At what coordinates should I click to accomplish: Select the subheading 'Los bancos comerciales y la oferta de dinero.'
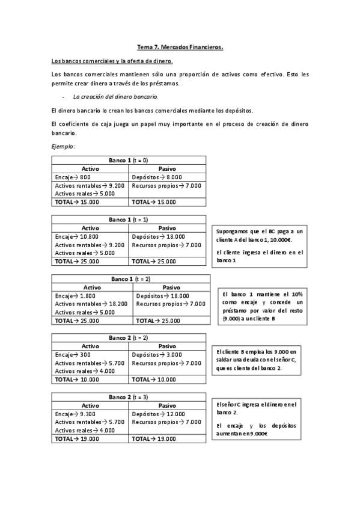pos(112,61)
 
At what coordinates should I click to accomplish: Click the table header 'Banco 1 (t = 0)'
pos(129,160)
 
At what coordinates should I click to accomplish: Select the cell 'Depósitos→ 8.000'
pos(156,177)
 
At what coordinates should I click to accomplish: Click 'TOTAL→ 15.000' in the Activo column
pos(77,202)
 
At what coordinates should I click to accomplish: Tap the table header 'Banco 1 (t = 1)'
pos(129,220)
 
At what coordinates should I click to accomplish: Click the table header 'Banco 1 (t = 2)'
pos(131,279)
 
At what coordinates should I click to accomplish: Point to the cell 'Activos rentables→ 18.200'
pos(91,304)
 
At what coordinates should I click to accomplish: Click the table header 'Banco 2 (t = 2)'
pos(129,338)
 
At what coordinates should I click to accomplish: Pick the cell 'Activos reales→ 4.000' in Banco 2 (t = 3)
pos(85,431)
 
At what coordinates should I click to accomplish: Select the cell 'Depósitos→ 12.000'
pos(158,414)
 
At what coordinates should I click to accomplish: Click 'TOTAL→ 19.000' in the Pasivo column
pos(154,439)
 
